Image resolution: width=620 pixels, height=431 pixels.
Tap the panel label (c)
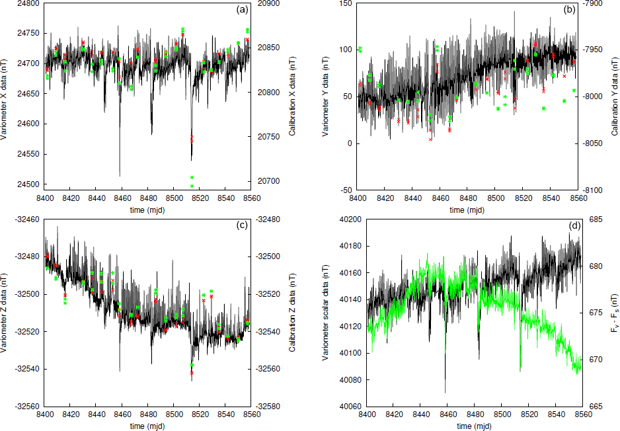[x=242, y=225]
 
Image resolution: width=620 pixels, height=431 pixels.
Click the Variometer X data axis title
[x=7, y=97]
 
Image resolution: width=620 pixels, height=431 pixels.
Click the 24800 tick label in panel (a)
[x=29, y=3]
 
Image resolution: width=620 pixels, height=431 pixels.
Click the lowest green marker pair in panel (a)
[x=192, y=181]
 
